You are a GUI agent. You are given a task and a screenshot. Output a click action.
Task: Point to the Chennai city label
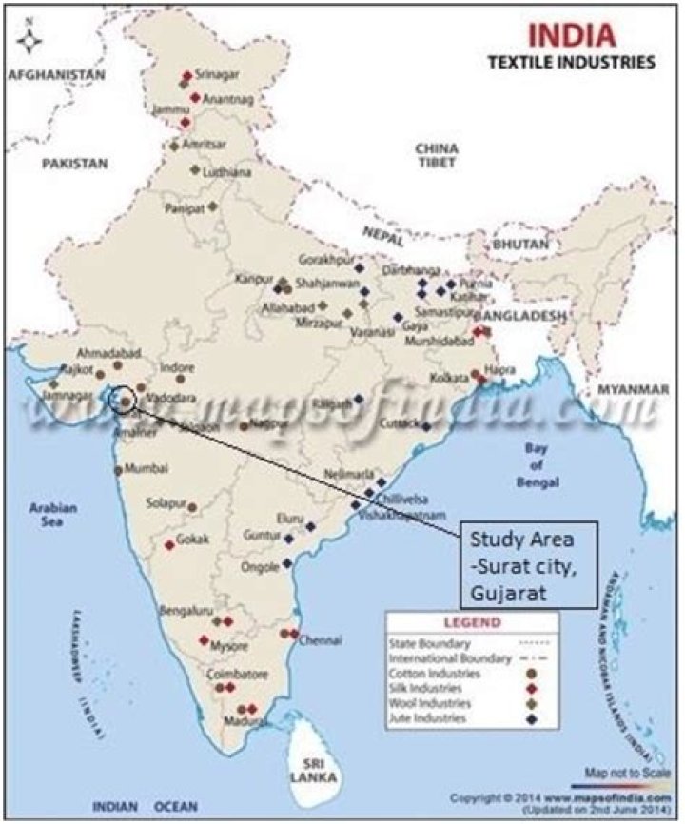coord(321,640)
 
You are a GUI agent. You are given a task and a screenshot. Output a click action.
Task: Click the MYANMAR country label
coord(631,390)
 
